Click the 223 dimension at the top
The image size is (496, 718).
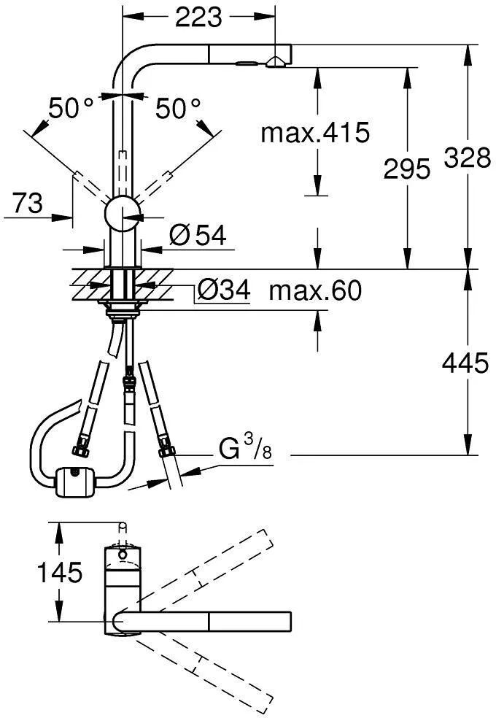click(198, 17)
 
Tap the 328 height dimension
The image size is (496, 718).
click(467, 158)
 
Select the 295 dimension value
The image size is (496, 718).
click(407, 169)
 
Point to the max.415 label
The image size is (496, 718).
click(315, 132)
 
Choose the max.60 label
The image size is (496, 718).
click(315, 290)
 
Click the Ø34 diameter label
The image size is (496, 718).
click(224, 290)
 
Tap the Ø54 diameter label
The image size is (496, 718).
click(197, 236)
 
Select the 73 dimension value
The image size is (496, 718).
click(28, 203)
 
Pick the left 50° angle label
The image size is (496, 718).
click(71, 109)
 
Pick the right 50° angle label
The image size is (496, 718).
click(178, 109)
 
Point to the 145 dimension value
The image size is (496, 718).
click(60, 572)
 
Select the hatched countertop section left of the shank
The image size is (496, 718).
click(91, 285)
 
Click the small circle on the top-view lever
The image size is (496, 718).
click(122, 555)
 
